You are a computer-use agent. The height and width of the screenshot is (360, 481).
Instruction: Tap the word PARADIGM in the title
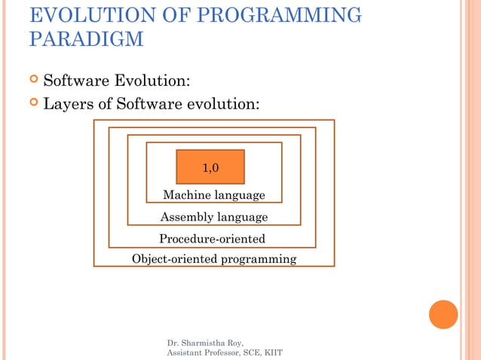pyautogui.click(x=86, y=39)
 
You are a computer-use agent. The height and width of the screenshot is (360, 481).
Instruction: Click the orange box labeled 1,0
pyautogui.click(x=210, y=167)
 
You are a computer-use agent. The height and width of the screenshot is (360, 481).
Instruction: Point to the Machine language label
pyautogui.click(x=214, y=196)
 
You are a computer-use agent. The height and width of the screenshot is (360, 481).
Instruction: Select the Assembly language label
pyautogui.click(x=214, y=218)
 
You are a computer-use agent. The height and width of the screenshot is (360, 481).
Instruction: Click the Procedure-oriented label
pyautogui.click(x=212, y=239)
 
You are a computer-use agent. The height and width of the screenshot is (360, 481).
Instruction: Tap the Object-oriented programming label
pyautogui.click(x=214, y=259)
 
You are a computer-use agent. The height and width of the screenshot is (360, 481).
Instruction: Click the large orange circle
pyautogui.click(x=443, y=314)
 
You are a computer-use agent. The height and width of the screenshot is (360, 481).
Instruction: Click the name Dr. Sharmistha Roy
pyautogui.click(x=206, y=343)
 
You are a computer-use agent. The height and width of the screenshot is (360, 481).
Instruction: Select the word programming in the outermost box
pyautogui.click(x=261, y=260)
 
